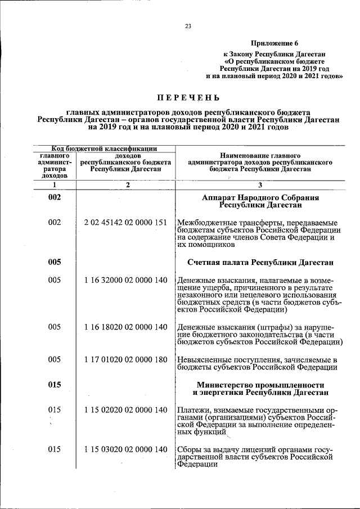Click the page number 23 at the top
pos(188,25)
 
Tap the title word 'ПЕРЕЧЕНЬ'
pos(188,97)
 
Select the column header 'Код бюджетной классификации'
pos(105,148)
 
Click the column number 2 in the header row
pos(127,184)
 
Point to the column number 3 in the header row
pos(260,184)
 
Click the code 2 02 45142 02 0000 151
pos(126,223)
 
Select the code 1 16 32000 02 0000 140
pos(126,280)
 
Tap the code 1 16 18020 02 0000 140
pos(126,327)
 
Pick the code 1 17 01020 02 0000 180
pos(126,359)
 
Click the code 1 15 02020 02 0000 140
pos(126,410)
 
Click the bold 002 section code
pos(54,198)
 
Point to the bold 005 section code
pos(54,262)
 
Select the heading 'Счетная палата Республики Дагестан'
pos(260,263)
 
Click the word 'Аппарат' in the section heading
pos(219,198)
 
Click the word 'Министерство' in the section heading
pos(223,384)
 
